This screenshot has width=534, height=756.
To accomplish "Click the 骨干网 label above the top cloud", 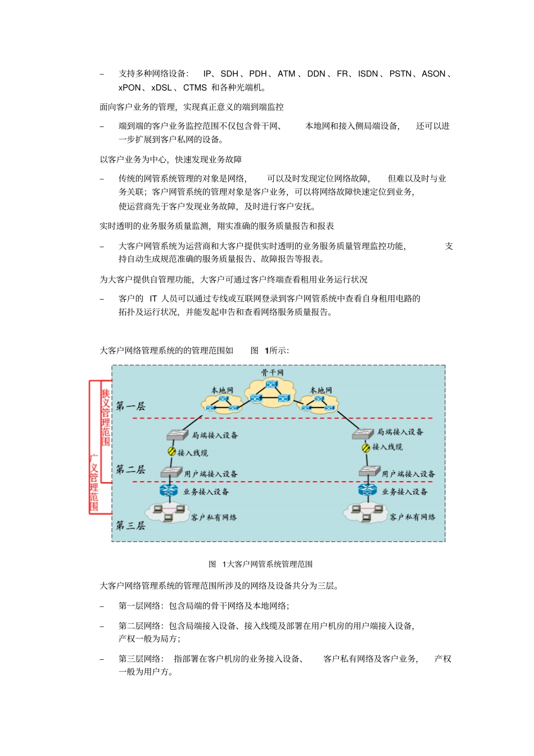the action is tap(272, 373).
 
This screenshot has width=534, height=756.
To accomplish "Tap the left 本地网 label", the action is tap(222, 390).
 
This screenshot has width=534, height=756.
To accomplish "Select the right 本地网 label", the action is tap(321, 390).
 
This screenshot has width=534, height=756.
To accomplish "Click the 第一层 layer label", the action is tap(130, 406).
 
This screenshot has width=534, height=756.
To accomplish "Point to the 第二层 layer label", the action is tap(130, 470).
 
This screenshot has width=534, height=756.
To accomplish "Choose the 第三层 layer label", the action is tap(130, 526).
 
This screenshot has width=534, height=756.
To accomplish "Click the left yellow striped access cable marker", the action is tap(172, 451).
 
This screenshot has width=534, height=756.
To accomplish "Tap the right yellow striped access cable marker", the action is tap(366, 447).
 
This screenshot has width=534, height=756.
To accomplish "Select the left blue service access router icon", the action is tap(169, 490).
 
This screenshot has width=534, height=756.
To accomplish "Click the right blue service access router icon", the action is tap(368, 490).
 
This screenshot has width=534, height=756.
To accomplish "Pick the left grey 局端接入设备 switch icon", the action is tap(178, 435).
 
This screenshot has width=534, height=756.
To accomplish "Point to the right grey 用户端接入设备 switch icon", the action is tap(369, 472).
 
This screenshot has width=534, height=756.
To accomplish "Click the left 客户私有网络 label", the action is tap(214, 518).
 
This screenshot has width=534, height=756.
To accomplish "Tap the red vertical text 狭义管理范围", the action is tap(106, 417).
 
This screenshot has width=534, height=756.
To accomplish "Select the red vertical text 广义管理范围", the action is tap(94, 482).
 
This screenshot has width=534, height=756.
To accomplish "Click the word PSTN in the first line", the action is tap(400, 74).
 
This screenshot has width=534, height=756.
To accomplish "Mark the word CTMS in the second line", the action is tap(195, 88).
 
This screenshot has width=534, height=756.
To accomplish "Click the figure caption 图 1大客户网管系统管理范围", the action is tap(260, 564).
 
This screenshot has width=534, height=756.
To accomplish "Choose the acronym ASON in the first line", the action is tap(433, 74).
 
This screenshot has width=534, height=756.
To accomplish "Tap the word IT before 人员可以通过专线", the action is tap(153, 298).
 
